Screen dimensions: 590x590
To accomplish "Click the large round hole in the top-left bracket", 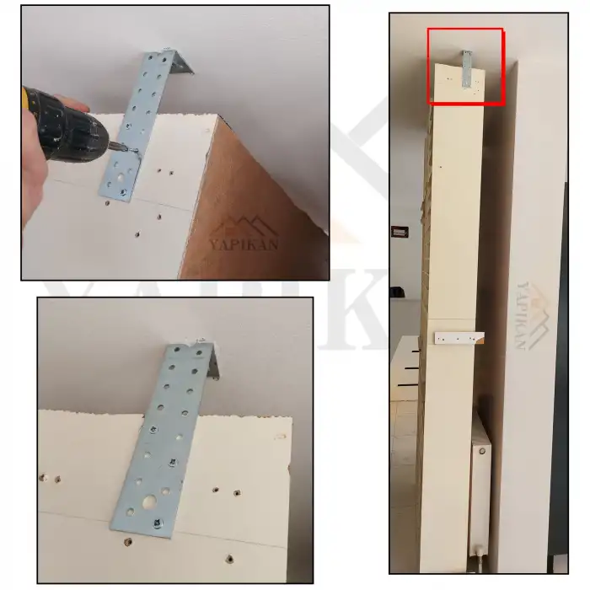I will (125, 178).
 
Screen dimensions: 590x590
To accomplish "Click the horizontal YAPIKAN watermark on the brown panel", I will (244, 246).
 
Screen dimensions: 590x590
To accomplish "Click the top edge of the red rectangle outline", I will (465, 29).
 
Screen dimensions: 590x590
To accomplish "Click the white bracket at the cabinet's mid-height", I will (459, 338).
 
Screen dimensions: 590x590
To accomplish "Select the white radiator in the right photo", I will (480, 489).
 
